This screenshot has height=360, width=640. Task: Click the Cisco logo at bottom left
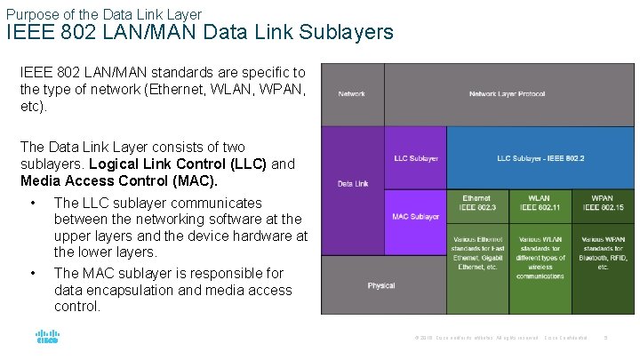point(46,338)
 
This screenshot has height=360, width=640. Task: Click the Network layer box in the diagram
point(352,93)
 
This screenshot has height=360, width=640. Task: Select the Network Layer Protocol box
point(507,93)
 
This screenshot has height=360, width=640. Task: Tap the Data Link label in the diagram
point(352,184)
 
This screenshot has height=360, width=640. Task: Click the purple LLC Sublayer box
point(415,158)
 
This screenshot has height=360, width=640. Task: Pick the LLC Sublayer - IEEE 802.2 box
point(540,158)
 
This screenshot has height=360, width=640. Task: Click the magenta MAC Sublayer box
point(415,217)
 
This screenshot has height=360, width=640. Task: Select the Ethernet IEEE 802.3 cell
point(477,203)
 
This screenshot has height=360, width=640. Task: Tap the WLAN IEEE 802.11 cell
point(540,203)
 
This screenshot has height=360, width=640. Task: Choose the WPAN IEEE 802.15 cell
point(603,203)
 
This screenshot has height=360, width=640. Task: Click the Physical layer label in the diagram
point(381,285)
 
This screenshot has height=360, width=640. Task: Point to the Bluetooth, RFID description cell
point(603,252)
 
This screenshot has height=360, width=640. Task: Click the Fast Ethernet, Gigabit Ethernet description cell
point(477,252)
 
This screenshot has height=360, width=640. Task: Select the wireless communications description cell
point(540,258)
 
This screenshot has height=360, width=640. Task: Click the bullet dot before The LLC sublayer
point(33,204)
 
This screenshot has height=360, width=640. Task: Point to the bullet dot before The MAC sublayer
point(33,274)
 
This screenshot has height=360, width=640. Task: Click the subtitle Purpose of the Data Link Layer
point(104,13)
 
